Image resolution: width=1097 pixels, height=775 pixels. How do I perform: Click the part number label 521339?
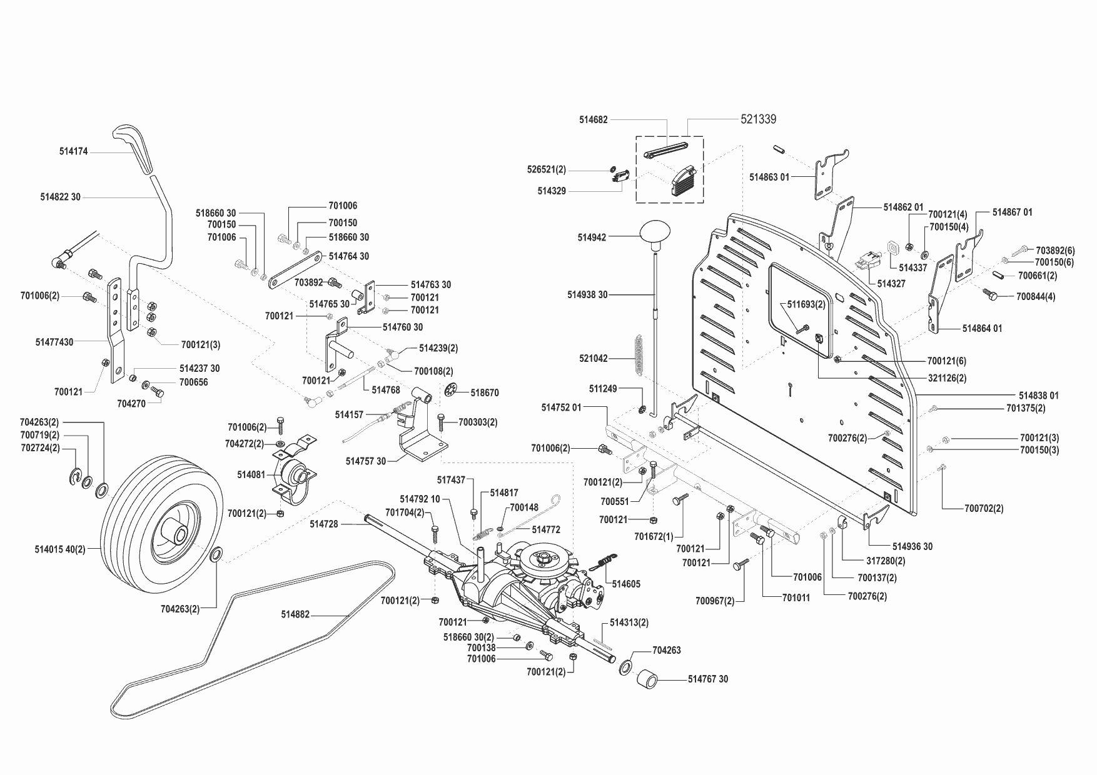(758, 119)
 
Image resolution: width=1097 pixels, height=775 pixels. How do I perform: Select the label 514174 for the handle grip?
(73, 151)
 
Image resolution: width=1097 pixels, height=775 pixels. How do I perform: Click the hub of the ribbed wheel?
(176, 536)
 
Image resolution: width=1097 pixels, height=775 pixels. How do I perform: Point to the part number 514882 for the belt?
(295, 615)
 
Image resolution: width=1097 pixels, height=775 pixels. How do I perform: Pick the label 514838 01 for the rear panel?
(1038, 395)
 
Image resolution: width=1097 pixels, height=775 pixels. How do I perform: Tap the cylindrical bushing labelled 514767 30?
(650, 680)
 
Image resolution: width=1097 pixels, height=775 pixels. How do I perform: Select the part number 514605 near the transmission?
(625, 584)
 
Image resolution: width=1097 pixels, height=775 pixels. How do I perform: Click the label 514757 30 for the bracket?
(366, 461)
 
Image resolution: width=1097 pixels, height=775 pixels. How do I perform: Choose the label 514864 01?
(982, 328)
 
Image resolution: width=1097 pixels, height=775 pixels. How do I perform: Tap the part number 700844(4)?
(1036, 296)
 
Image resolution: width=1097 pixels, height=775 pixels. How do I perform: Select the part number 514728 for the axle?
(323, 524)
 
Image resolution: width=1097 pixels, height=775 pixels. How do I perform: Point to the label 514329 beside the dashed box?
(551, 191)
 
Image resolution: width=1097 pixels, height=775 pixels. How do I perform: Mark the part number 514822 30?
(60, 197)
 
